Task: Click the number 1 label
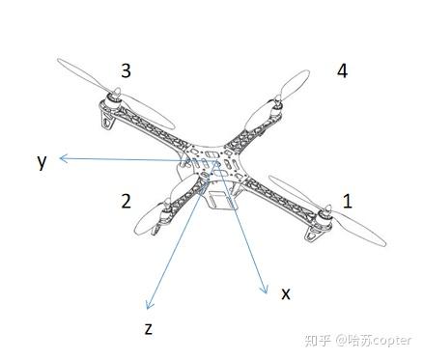348,201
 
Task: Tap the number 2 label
126,201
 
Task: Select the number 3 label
126,70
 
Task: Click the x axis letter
285,292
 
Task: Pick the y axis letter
42,161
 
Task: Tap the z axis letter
148,327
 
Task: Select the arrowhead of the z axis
147,303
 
